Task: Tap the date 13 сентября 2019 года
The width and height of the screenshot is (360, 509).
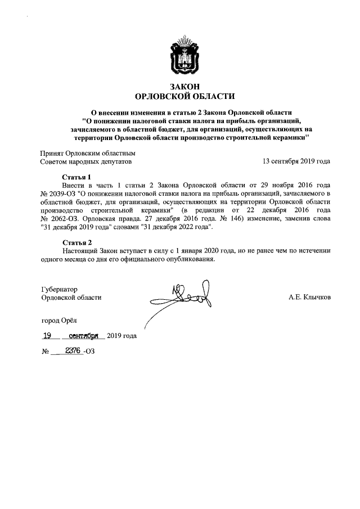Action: [296, 161]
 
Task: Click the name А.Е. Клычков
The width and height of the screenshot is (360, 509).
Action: [309, 297]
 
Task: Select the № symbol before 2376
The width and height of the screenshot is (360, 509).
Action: [46, 352]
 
